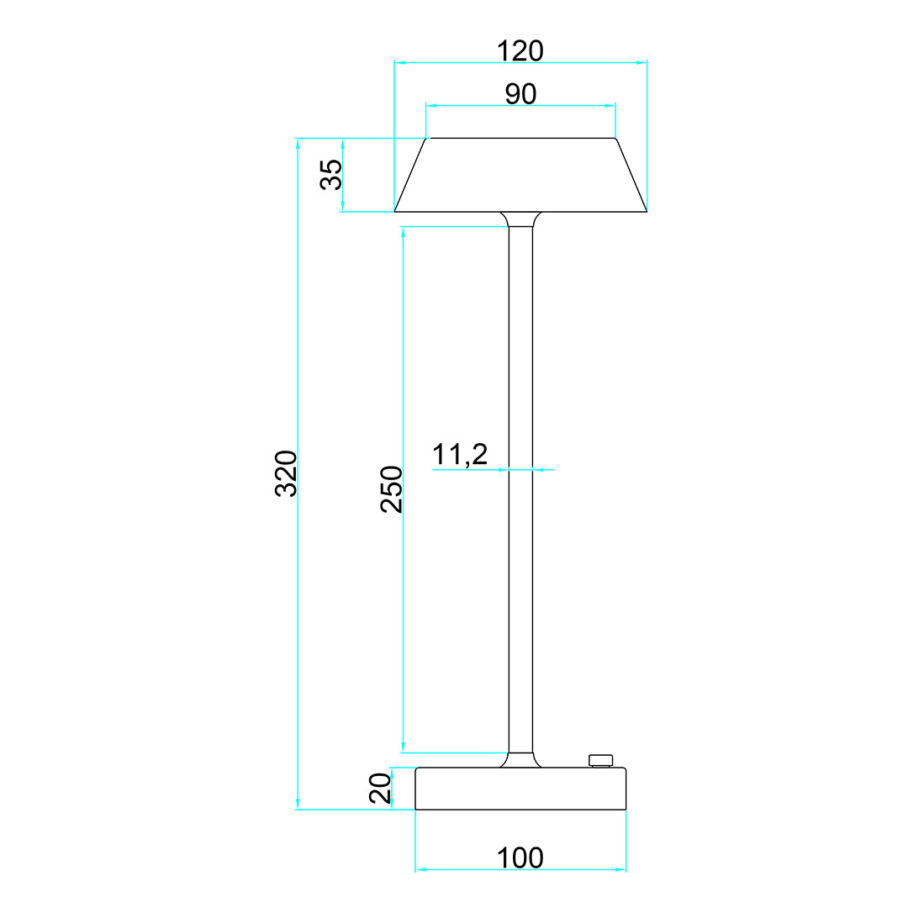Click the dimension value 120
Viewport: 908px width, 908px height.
point(520,51)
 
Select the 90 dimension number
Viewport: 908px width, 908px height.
point(520,94)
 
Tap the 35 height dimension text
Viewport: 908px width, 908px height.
point(331,175)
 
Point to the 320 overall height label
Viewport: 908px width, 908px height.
point(287,473)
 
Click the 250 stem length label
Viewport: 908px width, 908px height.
point(392,488)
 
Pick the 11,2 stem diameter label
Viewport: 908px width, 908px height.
point(460,455)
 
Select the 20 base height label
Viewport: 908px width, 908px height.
point(381,789)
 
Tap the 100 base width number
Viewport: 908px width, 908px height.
point(520,858)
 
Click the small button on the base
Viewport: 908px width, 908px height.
point(600,760)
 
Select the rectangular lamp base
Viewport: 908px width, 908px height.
point(520,789)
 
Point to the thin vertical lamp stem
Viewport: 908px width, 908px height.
point(520,488)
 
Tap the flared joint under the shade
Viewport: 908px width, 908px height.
point(520,219)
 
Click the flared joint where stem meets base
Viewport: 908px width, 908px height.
point(520,760)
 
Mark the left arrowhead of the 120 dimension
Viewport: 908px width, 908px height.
point(399,62)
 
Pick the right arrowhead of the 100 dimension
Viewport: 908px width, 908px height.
point(622,869)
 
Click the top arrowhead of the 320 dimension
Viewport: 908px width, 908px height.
point(298,142)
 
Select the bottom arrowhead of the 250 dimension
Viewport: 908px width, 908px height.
point(404,748)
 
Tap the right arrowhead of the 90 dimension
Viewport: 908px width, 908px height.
point(611,106)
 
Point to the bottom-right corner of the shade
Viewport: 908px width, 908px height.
point(646,211)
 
